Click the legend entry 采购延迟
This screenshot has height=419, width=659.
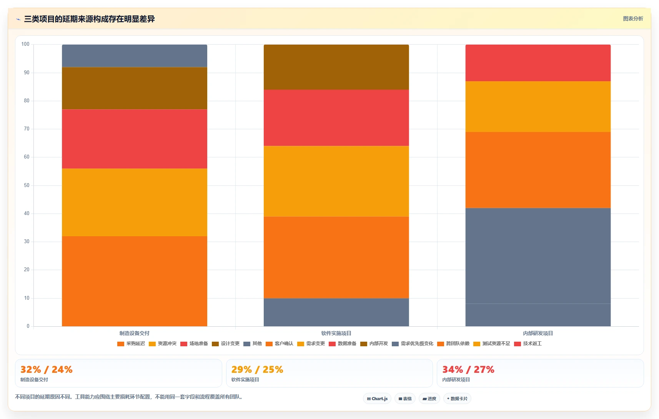[131, 344]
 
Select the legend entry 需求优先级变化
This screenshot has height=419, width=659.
[413, 344]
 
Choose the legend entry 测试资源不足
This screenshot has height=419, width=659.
[492, 344]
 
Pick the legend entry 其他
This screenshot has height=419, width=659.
[253, 344]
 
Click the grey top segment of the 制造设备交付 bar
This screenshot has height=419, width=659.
[135, 56]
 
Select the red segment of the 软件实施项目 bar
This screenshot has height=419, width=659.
[336, 118]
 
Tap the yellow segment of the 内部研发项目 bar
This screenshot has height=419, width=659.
[538, 107]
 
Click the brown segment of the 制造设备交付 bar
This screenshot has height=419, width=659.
[135, 88]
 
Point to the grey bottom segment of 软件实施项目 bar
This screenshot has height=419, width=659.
[336, 312]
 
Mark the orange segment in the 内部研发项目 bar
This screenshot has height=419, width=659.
[538, 170]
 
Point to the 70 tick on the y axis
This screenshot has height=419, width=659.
[27, 129]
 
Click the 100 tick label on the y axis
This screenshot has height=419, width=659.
[25, 44]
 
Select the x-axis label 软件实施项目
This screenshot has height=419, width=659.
[336, 333]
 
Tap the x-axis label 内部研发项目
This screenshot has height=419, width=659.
[538, 333]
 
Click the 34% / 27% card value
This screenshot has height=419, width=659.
[468, 369]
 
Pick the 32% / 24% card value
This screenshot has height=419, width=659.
[47, 369]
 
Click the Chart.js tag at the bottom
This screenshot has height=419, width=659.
[377, 399]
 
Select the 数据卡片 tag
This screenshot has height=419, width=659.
[457, 399]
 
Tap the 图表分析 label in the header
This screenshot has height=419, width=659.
[633, 18]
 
